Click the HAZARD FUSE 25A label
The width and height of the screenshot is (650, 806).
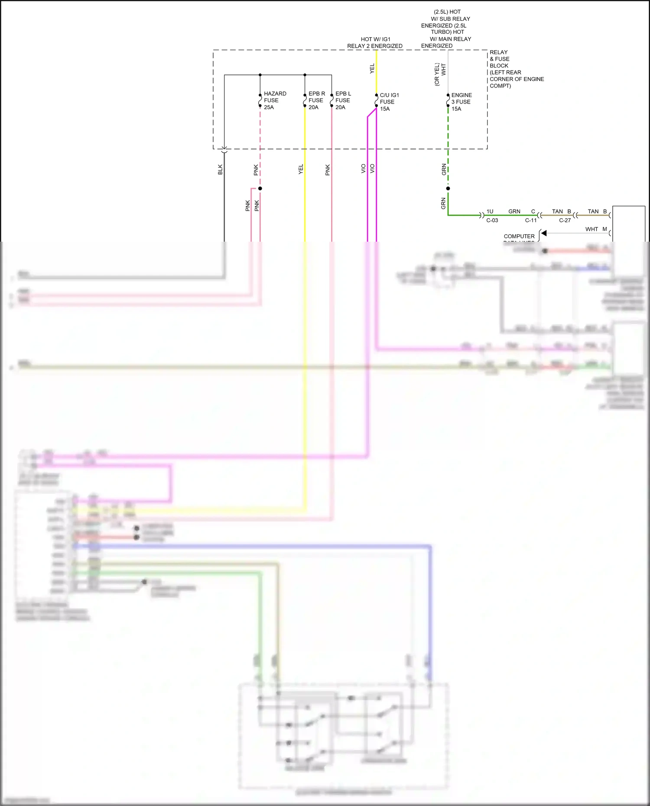(275, 100)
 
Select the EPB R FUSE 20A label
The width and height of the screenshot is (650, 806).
(316, 100)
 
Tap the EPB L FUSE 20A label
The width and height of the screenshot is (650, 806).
(343, 100)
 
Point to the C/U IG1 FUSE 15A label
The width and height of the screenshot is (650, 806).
(389, 102)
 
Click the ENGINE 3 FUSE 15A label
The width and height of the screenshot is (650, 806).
(461, 102)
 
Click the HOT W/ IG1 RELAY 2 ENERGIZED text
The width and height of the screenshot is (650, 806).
(375, 42)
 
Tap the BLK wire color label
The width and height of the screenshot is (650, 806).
(220, 169)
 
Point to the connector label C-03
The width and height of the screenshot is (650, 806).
(492, 220)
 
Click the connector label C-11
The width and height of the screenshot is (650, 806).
(531, 220)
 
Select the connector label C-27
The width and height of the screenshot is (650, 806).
(565, 220)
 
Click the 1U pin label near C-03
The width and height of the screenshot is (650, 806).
(490, 211)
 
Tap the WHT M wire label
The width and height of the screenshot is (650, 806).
(596, 229)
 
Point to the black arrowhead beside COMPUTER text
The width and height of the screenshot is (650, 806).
(544, 233)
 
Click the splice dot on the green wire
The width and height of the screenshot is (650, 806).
(448, 188)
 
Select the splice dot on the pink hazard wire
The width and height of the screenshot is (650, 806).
(260, 188)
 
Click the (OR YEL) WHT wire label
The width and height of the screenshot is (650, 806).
(440, 74)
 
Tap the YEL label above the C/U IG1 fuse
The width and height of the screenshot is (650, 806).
(372, 68)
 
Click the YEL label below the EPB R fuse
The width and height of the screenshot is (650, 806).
(301, 169)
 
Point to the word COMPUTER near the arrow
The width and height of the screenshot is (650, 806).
(519, 236)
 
